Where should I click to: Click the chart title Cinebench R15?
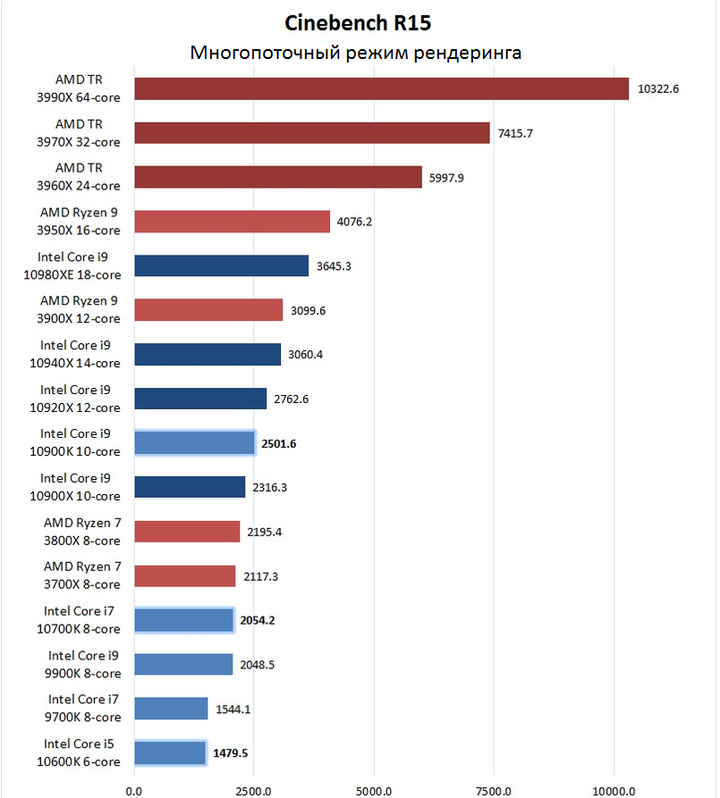[358, 21]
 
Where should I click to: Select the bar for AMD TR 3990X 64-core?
[382, 88]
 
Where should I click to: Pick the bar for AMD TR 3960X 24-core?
[278, 177]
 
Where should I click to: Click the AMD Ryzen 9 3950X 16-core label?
[80, 221]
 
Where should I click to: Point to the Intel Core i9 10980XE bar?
[222, 265]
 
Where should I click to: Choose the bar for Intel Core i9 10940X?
[208, 354]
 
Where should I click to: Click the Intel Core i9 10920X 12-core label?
[80, 399]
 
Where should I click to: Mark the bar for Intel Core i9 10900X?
[190, 487]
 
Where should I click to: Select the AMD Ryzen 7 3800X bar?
[187, 532]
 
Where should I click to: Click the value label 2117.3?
[260, 576]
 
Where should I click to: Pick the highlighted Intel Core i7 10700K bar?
[183, 620]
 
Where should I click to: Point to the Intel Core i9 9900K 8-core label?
[84, 664]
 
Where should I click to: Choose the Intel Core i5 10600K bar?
[170, 753]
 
